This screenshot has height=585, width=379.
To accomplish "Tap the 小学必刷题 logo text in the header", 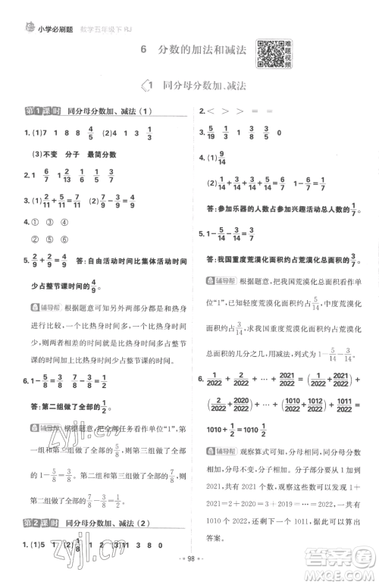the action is coord(39,9).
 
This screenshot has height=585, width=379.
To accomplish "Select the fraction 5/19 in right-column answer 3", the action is coord(212,133).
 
